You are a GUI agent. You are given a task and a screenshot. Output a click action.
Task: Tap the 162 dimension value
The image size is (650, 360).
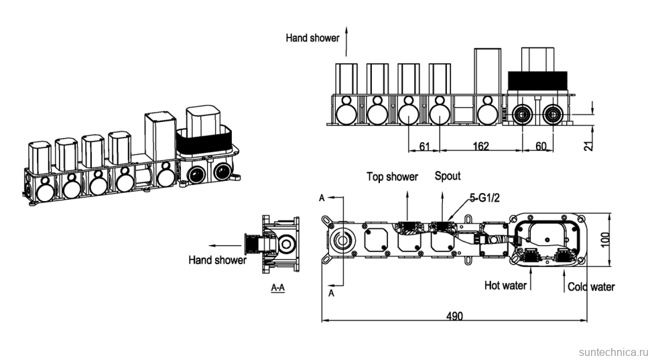tap(480, 145)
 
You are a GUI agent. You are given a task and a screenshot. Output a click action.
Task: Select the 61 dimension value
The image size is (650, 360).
tap(423, 145)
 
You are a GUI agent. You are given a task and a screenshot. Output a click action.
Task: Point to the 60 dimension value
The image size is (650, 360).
tap(540, 145)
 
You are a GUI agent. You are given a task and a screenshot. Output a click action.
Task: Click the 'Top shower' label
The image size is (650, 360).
tap(392, 177)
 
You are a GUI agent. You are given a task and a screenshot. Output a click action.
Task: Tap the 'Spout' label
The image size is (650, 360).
tap(448, 176)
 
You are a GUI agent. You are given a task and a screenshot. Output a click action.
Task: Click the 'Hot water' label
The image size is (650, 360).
tap(505, 286)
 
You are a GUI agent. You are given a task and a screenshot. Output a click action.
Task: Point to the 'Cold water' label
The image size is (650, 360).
tap(591, 287)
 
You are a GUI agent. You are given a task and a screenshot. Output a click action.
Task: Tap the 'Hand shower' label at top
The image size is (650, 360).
tap(312, 38)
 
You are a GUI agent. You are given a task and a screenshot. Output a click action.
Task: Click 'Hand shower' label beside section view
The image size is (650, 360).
tap(217, 259)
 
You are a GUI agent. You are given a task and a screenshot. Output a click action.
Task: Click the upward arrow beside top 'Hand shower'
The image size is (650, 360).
tap(346, 39)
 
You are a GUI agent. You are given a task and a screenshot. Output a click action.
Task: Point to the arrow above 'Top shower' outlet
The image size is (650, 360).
tap(409, 199)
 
